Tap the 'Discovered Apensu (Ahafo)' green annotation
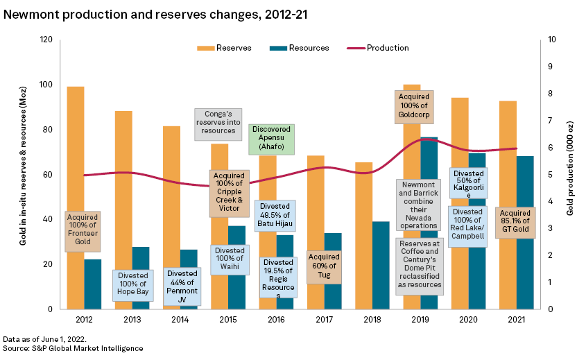click(x=272, y=139)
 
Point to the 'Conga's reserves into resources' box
click(x=217, y=124)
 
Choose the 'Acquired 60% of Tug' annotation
click(x=323, y=266)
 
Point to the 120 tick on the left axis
click(x=46, y=40)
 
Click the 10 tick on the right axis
click(x=551, y=40)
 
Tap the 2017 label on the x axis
click(x=324, y=319)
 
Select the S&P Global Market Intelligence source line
click(x=72, y=348)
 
